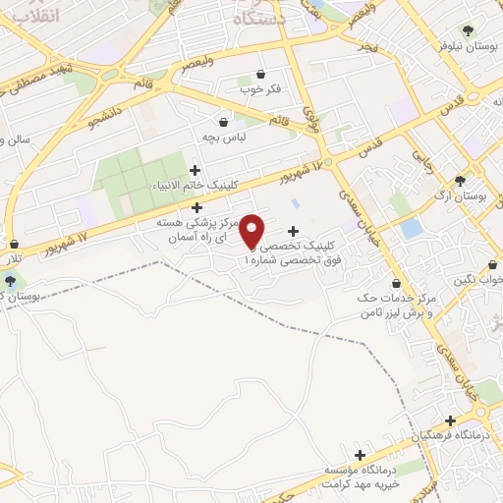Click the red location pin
252,231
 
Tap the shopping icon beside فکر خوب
259,75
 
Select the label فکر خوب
260,89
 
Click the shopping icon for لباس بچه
224,123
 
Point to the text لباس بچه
224,138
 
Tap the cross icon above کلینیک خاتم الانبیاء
195,171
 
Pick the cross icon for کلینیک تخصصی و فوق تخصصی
294,231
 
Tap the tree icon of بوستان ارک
460,181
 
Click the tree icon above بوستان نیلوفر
467,29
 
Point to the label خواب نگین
478,279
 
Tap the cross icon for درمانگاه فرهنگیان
450,420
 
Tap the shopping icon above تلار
13,245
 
